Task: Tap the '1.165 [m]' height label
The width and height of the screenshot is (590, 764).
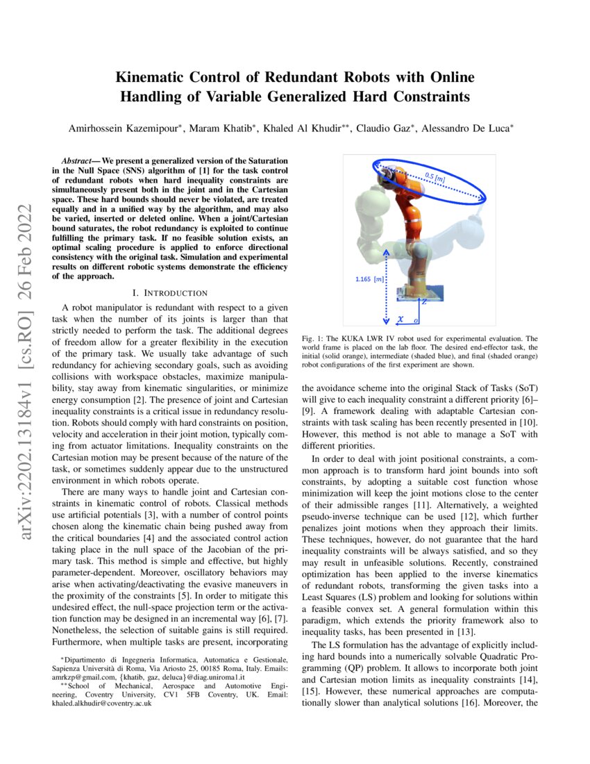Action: pyautogui.click(x=369, y=279)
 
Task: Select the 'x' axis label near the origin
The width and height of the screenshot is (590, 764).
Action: pyautogui.click(x=401, y=319)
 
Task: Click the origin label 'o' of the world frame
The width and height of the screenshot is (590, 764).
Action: pyautogui.click(x=416, y=321)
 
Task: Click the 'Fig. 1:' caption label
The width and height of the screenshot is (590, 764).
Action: pyautogui.click(x=313, y=338)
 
